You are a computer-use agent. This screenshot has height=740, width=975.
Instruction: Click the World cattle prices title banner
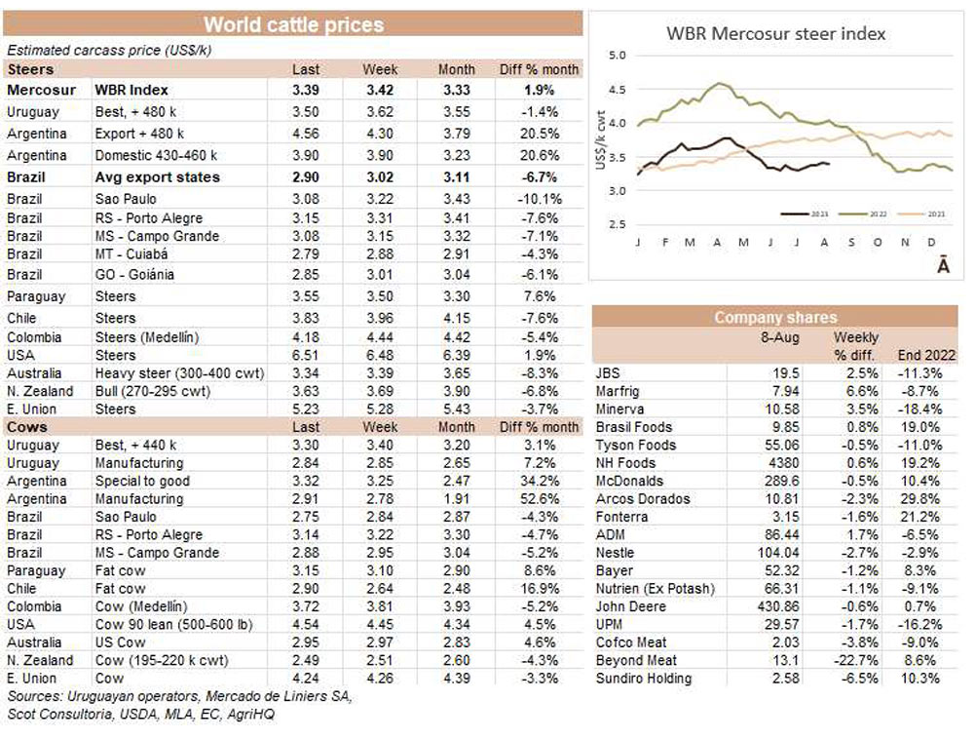[292, 24]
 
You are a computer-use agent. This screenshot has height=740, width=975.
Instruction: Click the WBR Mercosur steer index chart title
[775, 34]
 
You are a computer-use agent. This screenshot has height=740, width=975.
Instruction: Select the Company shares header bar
[774, 317]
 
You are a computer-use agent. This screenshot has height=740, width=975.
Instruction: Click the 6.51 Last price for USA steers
[306, 355]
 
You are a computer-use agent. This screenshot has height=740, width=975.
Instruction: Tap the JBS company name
[607, 373]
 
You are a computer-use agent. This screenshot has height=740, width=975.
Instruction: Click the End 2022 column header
[925, 355]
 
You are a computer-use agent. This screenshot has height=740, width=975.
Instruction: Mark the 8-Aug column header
[780, 336]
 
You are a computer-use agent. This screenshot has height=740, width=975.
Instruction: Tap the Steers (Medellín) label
[147, 337]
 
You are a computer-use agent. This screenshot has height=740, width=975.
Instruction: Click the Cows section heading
[27, 427]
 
